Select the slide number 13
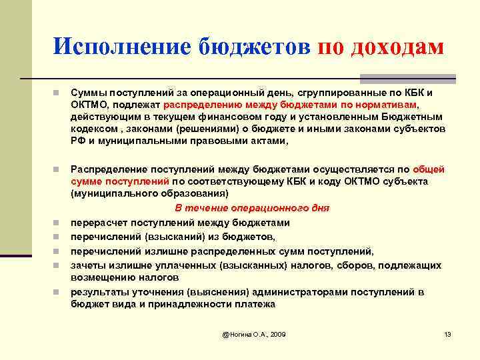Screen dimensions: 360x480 pos(447,333)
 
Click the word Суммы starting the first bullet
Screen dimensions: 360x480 pos(89,93)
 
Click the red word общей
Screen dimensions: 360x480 pos(428,169)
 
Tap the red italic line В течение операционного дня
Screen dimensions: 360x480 pos(251,208)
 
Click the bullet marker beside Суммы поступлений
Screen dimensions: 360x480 pos(59,93)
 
